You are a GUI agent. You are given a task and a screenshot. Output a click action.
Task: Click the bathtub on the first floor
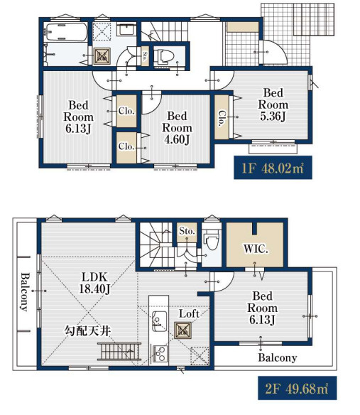coord(65,32)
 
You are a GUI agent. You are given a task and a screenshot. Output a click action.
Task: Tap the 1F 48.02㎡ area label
coord(273,168)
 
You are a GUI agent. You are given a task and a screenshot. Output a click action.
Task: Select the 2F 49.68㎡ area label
coord(297,388)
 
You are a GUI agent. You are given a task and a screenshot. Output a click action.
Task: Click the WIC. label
coord(256,249)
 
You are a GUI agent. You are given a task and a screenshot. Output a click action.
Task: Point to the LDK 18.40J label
coord(94,283)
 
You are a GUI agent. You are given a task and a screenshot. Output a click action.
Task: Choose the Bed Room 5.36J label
coord(273,104)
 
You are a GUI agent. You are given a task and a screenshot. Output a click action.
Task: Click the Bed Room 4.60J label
coord(177,128)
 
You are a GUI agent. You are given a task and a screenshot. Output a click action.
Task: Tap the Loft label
coord(189,313)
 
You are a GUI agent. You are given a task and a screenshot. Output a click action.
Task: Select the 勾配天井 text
coord(87,331)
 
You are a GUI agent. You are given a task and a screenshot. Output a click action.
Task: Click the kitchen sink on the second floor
coord(160,321)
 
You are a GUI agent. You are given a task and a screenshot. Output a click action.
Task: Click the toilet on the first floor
coord(164,55)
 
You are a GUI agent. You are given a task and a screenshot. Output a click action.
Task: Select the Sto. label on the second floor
coord(187,231)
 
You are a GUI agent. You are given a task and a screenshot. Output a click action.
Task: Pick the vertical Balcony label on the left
coord(25,292)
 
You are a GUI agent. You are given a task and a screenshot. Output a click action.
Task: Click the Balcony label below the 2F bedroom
coord(278,357)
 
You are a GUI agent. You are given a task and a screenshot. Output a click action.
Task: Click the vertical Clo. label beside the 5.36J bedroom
coord(222,118)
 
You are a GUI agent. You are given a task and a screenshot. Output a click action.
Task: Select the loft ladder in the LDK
coord(119,351)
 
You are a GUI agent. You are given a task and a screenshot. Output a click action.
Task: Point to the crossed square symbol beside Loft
coord(182,330)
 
